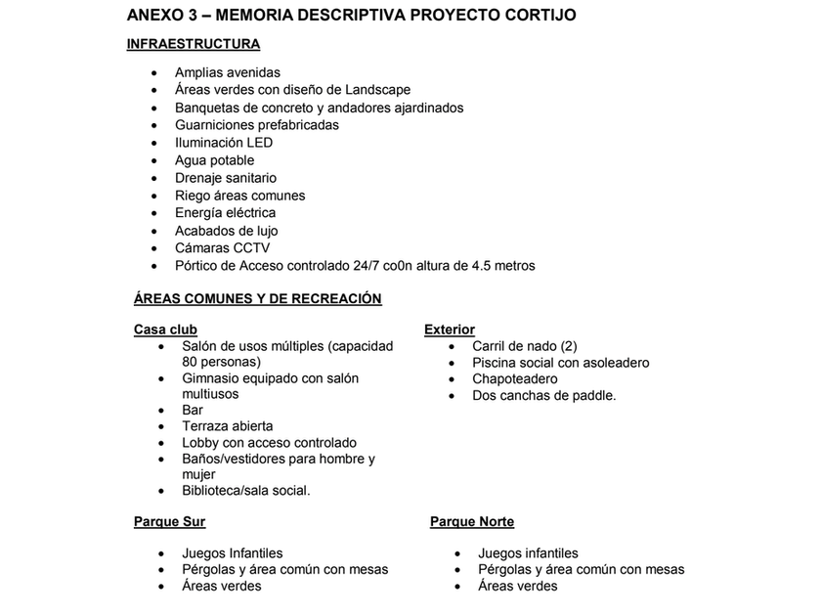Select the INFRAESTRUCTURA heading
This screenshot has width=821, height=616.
point(193,44)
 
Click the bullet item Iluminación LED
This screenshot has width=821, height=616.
point(224,143)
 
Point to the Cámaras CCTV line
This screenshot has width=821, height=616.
point(222,248)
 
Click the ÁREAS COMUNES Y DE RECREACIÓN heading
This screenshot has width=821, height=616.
point(257,299)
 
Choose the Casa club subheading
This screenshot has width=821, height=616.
point(165,330)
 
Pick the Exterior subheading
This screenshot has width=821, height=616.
point(450,330)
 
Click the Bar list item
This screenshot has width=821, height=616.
point(193,411)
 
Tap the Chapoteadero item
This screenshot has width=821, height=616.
point(515,379)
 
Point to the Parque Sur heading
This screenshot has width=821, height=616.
point(169,522)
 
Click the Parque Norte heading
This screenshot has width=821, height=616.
point(472,522)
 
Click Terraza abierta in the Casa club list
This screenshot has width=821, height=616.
point(228,426)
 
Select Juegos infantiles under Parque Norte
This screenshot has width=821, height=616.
point(528,553)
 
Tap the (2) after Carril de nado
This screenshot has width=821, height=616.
point(567,346)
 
